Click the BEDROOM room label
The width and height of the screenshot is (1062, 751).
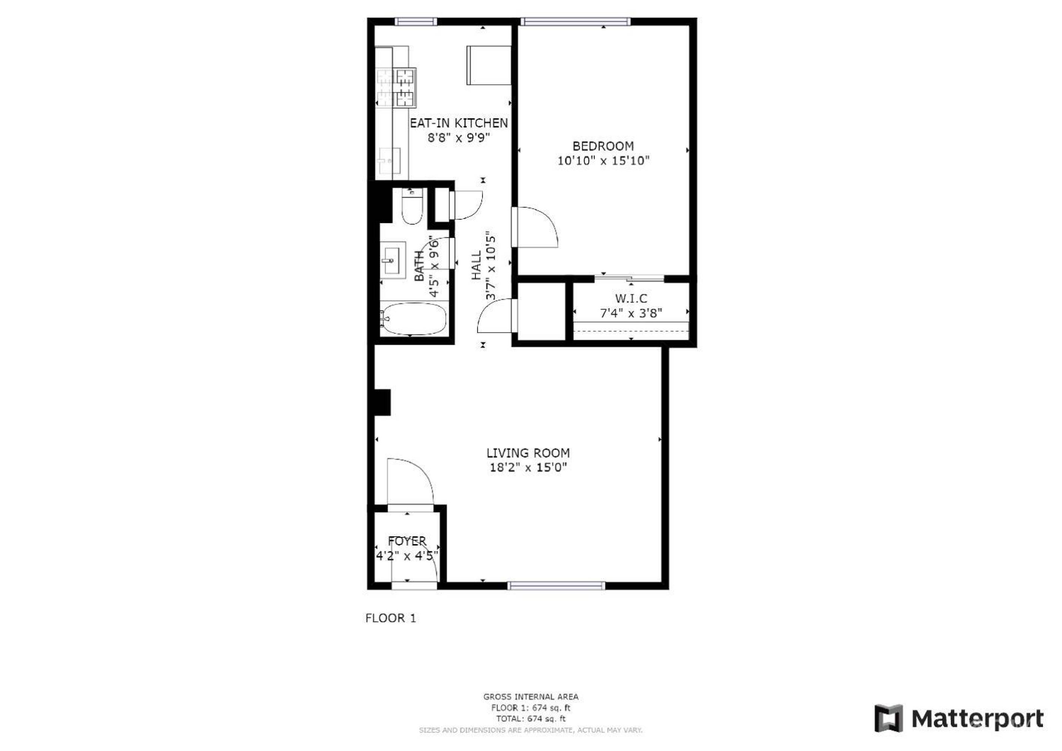(x=603, y=146)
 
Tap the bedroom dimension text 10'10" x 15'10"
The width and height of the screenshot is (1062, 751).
(x=603, y=161)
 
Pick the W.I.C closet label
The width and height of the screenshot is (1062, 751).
(x=631, y=299)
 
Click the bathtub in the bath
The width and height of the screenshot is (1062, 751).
(x=412, y=319)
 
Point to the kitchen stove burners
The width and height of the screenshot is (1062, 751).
(x=396, y=87)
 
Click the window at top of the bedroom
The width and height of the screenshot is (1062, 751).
(x=575, y=21)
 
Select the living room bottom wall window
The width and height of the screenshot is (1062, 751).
(x=557, y=586)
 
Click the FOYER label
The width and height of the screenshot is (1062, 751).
(x=407, y=541)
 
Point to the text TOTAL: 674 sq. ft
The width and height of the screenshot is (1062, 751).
(x=531, y=719)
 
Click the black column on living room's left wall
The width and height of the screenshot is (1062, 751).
(x=382, y=403)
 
